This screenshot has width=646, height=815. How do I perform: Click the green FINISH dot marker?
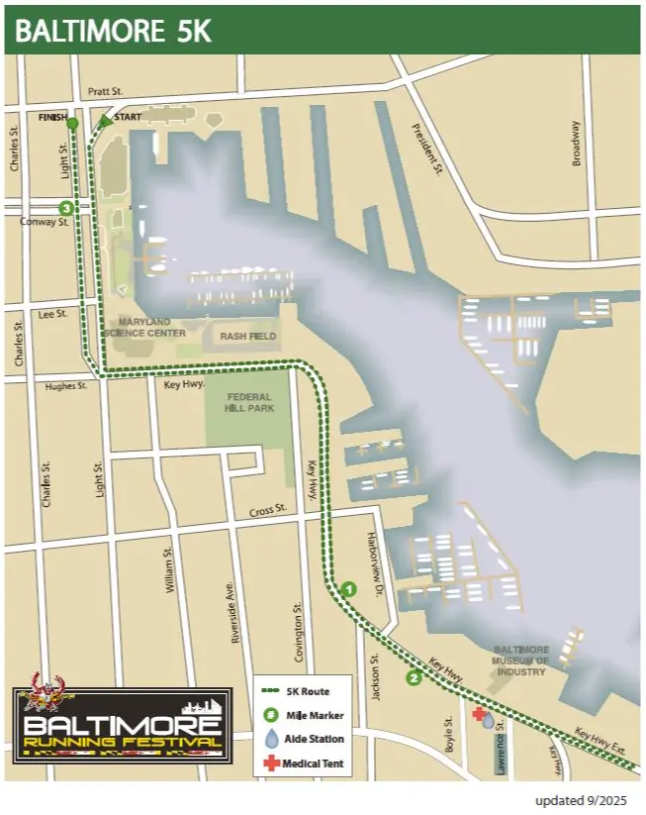pos(72,123)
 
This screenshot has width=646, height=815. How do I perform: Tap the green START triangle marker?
pos(106,122)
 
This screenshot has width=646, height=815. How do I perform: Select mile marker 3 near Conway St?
pos(66,208)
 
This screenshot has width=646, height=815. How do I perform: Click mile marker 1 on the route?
pos(348,590)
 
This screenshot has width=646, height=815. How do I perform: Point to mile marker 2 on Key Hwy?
pos(414,678)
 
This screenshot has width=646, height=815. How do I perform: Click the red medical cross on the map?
pos(479,713)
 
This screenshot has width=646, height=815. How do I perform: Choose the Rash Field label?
pos(243,336)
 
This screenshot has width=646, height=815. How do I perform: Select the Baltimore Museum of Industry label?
pos(520,661)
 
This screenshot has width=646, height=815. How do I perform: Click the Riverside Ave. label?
pos(235,611)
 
